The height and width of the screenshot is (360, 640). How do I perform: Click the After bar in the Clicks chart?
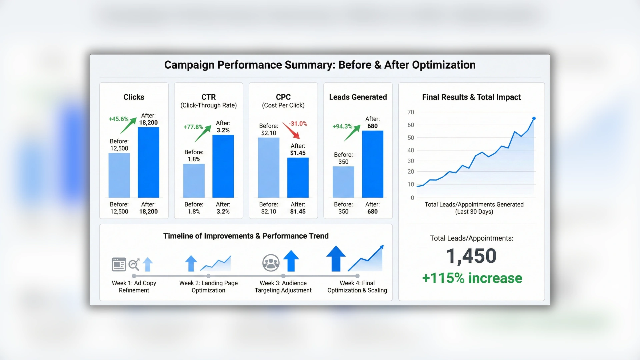tap(148, 162)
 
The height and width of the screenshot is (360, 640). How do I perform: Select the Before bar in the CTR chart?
tap(194, 181)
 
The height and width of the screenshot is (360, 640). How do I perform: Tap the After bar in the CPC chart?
tap(298, 178)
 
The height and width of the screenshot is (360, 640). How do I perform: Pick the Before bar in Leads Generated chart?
tap(343, 182)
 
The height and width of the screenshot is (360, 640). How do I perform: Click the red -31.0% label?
tap(298, 124)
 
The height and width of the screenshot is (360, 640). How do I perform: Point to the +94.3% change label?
tap(342, 126)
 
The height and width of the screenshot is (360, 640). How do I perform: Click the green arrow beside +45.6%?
tap(128, 126)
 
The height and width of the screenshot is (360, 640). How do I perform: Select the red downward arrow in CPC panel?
tap(291, 131)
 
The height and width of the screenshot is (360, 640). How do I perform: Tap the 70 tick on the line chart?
tap(411, 112)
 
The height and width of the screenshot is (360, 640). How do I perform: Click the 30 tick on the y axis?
tap(411, 161)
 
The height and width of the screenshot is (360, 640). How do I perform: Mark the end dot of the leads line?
tap(534, 119)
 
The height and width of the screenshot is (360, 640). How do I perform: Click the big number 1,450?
tap(471, 256)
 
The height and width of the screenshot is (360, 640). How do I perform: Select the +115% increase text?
tap(472, 278)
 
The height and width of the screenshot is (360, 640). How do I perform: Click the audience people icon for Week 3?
tap(271, 263)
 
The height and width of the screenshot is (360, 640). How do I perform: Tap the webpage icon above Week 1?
tap(119, 264)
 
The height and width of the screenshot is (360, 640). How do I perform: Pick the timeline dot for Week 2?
tap(208, 276)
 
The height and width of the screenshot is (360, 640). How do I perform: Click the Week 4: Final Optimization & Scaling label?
tap(357, 287)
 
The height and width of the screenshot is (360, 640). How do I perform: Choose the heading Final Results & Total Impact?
tap(471, 97)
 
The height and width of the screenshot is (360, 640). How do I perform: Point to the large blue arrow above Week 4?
tap(336, 259)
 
